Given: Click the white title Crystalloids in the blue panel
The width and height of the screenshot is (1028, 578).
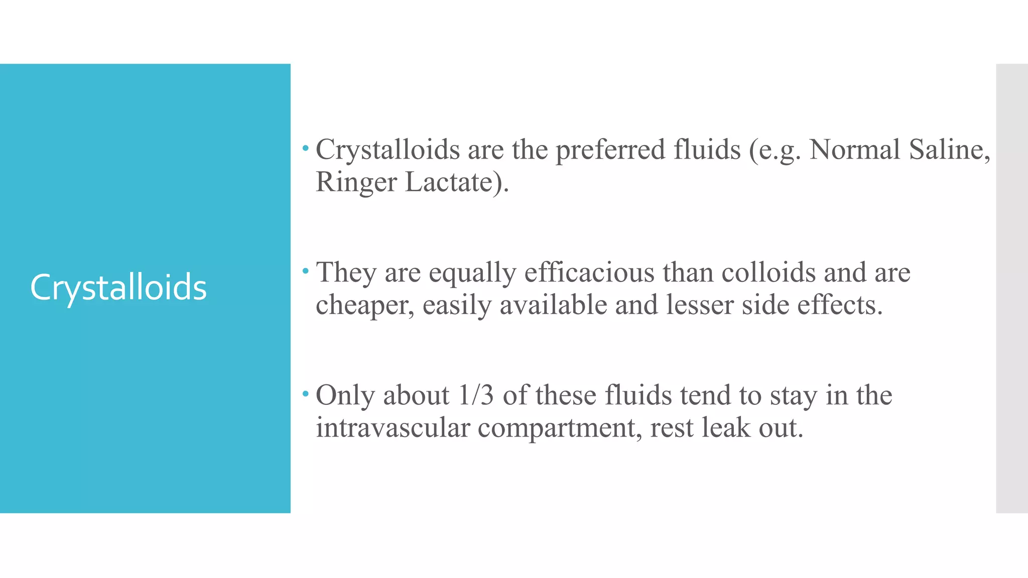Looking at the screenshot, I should [118, 288].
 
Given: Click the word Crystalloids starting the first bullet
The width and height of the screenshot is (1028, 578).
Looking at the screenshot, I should [388, 150].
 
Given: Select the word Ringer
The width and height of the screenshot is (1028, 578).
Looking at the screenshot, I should [356, 183].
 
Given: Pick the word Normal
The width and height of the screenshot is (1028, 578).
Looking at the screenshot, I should [855, 150].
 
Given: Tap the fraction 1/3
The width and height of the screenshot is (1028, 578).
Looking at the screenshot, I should [476, 395].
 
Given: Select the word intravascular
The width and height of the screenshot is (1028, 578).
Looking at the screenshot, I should [393, 428].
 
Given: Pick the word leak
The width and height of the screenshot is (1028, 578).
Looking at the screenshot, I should [725, 428].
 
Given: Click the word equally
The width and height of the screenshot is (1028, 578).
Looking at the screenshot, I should [472, 274].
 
